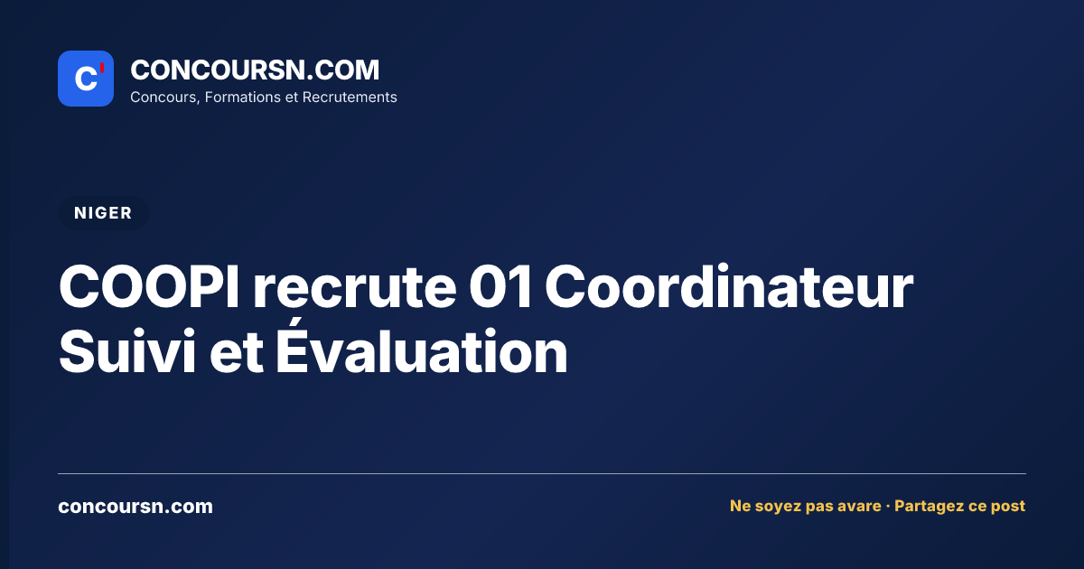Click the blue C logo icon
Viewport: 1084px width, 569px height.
tap(86, 79)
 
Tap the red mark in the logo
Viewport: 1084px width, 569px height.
tap(102, 68)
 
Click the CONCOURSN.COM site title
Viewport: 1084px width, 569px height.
tap(255, 70)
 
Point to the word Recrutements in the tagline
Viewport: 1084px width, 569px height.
tap(350, 98)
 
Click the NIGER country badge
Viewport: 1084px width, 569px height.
tap(103, 213)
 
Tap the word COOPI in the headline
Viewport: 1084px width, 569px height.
tap(149, 286)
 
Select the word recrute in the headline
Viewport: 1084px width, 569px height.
tap(354, 289)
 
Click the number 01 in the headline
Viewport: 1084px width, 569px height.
tap(500, 286)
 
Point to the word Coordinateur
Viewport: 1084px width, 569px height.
tap(729, 286)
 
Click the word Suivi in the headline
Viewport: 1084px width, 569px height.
tap(127, 351)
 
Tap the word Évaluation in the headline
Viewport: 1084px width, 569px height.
tap(422, 347)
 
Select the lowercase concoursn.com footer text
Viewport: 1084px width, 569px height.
tap(135, 507)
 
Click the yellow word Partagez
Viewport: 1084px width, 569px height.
tap(928, 506)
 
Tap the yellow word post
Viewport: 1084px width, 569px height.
tap(1008, 507)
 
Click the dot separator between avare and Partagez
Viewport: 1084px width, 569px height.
tap(887, 507)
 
